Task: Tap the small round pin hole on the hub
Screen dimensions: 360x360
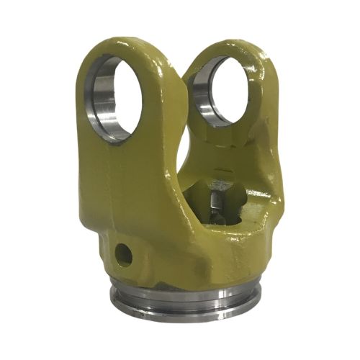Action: [x=125, y=253]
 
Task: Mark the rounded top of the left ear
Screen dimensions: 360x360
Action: [x=119, y=42]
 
